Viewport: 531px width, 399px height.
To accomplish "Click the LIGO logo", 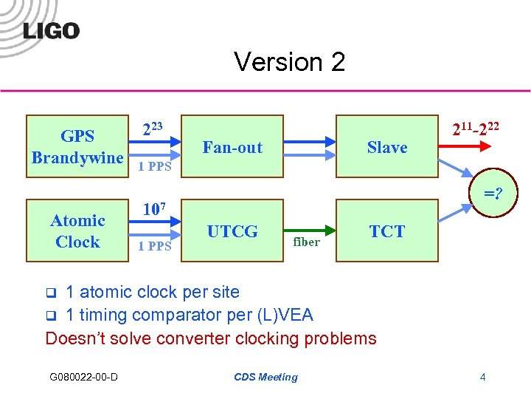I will [x=51, y=30].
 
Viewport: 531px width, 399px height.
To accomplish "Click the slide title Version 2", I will [x=289, y=62].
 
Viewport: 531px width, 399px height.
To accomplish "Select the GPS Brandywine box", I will [x=77, y=146].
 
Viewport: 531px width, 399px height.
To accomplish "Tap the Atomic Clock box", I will [x=77, y=231].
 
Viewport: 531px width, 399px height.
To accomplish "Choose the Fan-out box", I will [x=232, y=147].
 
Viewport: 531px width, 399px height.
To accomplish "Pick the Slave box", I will [x=387, y=147].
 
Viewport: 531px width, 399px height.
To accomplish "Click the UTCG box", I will [x=232, y=231].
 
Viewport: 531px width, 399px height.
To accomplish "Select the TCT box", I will [x=387, y=231].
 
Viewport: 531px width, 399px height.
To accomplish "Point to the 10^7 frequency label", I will [x=153, y=210].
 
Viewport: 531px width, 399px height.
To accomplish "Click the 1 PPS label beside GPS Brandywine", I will [x=156, y=167].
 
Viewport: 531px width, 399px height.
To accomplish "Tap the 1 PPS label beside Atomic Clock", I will [x=156, y=246].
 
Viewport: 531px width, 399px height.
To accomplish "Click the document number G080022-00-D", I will [x=83, y=378].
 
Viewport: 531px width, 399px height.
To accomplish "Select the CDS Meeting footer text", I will [x=265, y=378].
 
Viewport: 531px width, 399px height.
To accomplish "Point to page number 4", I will [x=482, y=378].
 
